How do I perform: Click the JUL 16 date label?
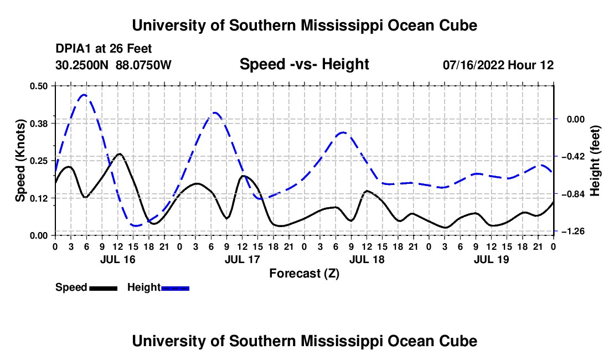pos(118,259)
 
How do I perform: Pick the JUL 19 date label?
pos(491,259)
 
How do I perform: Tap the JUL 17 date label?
pos(242,259)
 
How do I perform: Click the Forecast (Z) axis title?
pos(304,274)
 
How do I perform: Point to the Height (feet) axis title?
pos(595,161)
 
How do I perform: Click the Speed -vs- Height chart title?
pos(304,64)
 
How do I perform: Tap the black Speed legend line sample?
pos(104,288)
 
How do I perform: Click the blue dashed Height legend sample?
pos(175,288)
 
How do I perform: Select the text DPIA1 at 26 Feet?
pos(104,49)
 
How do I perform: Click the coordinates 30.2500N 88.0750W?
pos(113,65)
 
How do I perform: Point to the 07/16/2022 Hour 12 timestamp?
pos(498,65)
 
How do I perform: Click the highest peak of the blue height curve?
pos(84,94)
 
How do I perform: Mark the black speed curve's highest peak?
pos(120,154)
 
